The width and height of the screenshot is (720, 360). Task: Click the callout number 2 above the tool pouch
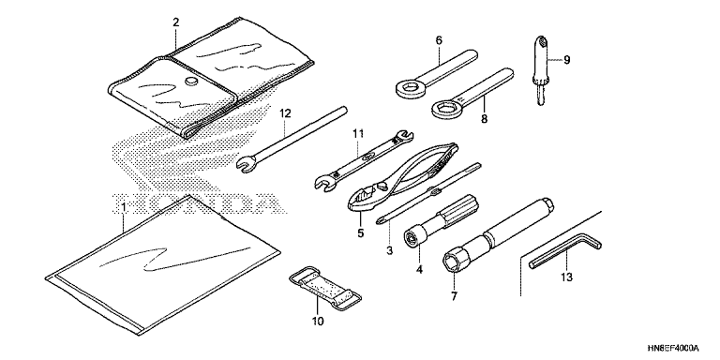[176, 22]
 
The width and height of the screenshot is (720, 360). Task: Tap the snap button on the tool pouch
[191, 82]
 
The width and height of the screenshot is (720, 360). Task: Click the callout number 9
[566, 60]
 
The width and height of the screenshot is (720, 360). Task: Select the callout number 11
[358, 134]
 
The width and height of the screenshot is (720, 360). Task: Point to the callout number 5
[360, 232]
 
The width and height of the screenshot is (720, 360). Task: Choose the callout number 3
[389, 250]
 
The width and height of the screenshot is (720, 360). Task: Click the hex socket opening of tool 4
[410, 238]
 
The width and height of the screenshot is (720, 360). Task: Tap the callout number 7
[454, 296]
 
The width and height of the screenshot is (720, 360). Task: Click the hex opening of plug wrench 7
[451, 261]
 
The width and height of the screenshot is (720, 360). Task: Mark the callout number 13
[566, 277]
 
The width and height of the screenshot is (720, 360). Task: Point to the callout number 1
[123, 208]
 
